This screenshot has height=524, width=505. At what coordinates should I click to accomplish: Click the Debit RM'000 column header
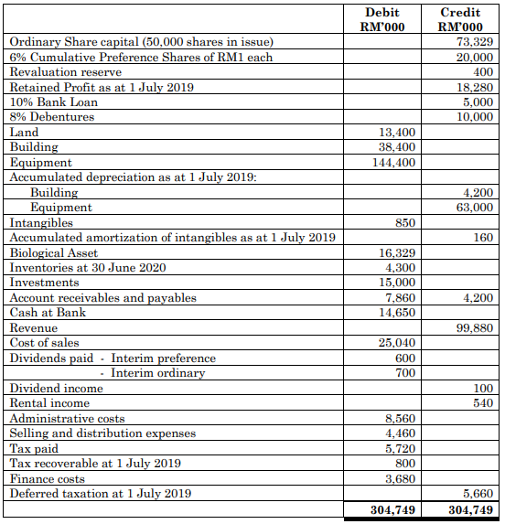(381, 18)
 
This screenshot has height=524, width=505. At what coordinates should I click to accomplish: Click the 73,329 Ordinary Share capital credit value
(475, 41)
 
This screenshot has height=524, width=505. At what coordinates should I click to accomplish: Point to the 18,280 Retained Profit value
(475, 87)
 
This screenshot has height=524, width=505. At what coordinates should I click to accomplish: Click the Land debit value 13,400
(398, 133)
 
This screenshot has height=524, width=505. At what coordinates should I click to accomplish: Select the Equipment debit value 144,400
(394, 163)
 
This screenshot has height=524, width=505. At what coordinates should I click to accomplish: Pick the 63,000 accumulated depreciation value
(475, 208)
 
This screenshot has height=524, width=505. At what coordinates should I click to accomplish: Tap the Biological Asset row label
(53, 253)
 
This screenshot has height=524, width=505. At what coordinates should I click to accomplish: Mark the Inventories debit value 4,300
(401, 268)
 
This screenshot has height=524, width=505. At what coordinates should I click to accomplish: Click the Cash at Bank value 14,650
(398, 313)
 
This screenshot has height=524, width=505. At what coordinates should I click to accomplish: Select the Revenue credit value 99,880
(475, 328)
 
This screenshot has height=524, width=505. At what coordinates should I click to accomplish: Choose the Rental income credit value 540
(482, 403)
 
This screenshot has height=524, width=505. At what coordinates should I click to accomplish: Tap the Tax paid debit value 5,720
(401, 449)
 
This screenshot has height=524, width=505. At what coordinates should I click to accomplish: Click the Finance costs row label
(47, 479)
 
